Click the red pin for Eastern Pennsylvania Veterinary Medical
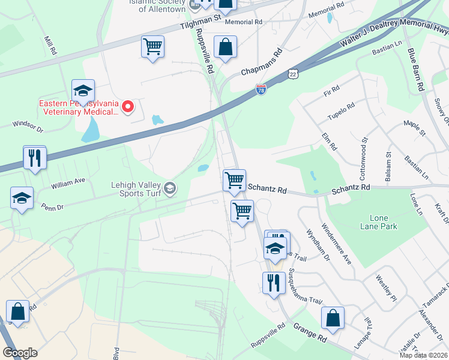tap(128, 107)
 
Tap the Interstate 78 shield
tap(261, 89)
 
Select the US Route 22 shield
tap(292, 72)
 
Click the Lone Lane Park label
tap(379, 222)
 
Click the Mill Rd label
tap(50, 43)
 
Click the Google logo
tap(20, 353)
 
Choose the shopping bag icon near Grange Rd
tap(333, 317)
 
